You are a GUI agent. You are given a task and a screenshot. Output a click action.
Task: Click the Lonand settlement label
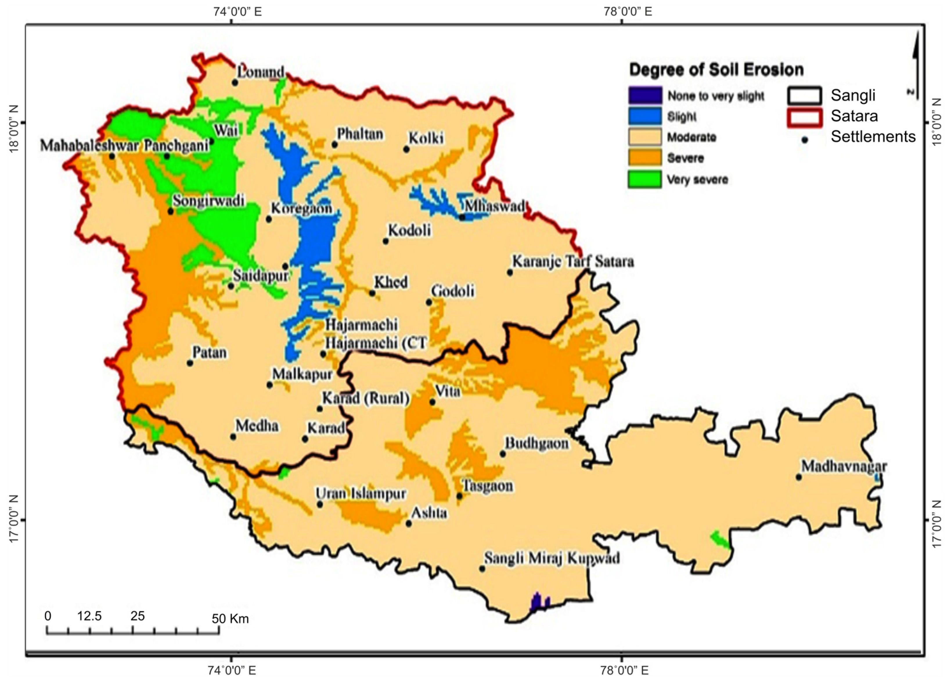[x=263, y=72]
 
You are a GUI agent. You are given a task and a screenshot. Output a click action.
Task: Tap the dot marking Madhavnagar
[x=798, y=477]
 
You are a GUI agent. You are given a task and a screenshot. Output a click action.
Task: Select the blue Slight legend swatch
[x=645, y=116]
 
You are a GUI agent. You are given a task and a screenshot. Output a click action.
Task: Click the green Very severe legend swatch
[x=645, y=179]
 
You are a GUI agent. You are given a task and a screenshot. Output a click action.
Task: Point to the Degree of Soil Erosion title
[x=716, y=69]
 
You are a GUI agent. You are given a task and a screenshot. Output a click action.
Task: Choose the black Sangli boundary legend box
[x=804, y=96]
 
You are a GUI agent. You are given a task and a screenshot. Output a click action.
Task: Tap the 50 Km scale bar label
[x=230, y=619]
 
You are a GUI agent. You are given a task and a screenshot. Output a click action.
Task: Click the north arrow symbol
[x=915, y=67]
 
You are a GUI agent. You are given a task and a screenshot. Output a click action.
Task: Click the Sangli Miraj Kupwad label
[x=552, y=558]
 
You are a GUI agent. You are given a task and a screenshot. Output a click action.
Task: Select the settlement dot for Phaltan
[x=334, y=144]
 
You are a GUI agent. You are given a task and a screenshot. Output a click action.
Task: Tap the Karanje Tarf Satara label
[x=573, y=262]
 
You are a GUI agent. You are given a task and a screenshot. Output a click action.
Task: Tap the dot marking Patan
[x=190, y=363]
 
